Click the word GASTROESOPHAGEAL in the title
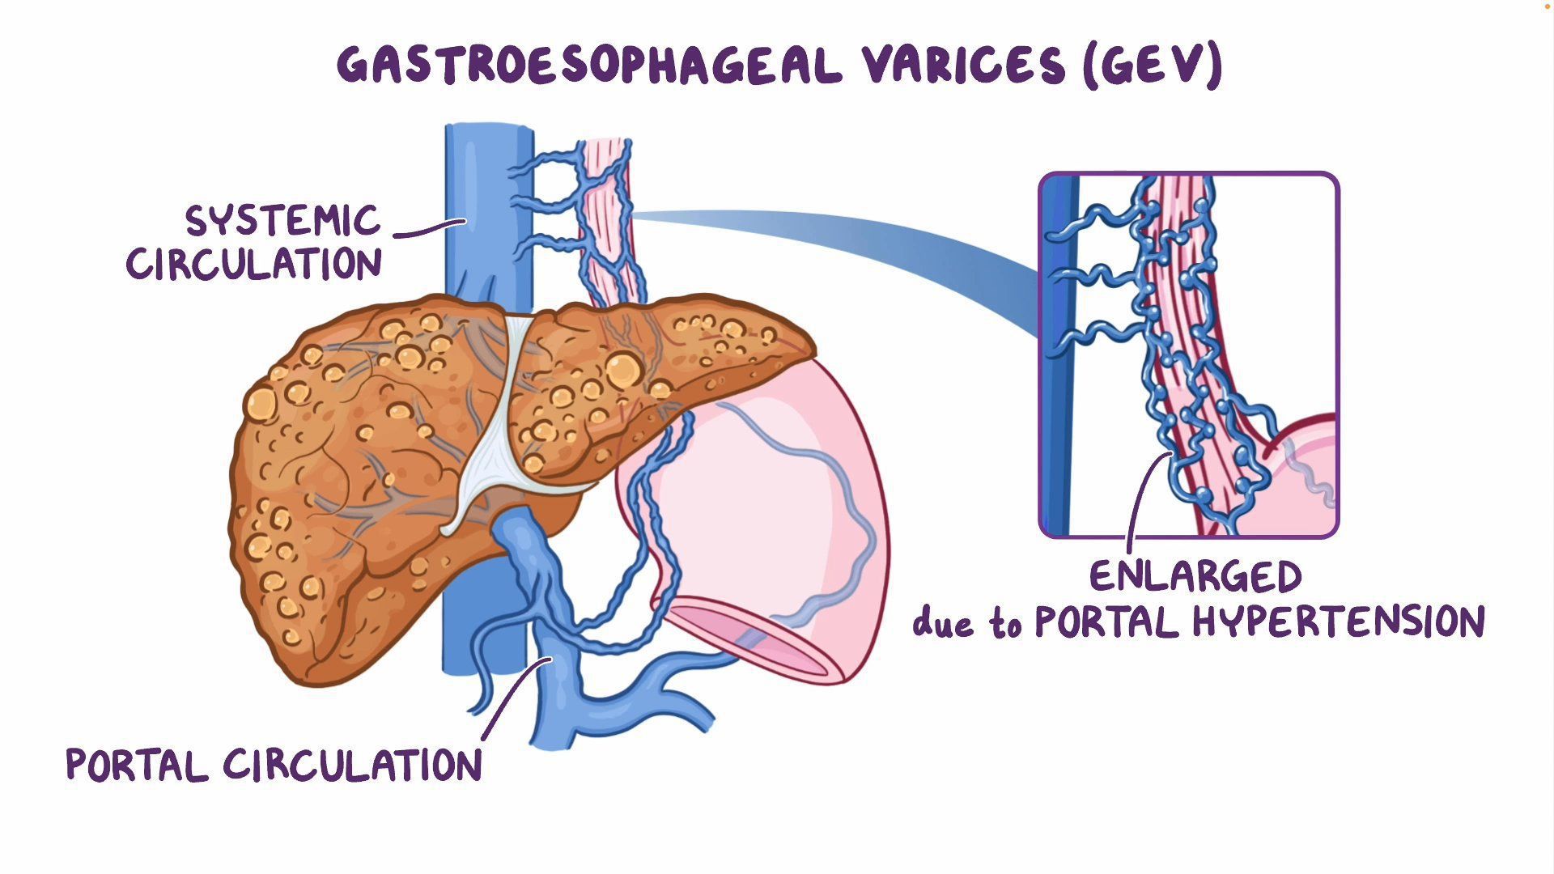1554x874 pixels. (589, 65)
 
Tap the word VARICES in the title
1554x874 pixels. (963, 65)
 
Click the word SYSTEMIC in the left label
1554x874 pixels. (282, 220)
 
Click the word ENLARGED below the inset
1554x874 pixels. (1195, 576)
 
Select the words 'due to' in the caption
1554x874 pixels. (966, 623)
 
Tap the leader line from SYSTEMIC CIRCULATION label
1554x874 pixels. (429, 231)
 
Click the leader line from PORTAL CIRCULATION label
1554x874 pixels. (514, 700)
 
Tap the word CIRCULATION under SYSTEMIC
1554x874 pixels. (253, 264)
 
